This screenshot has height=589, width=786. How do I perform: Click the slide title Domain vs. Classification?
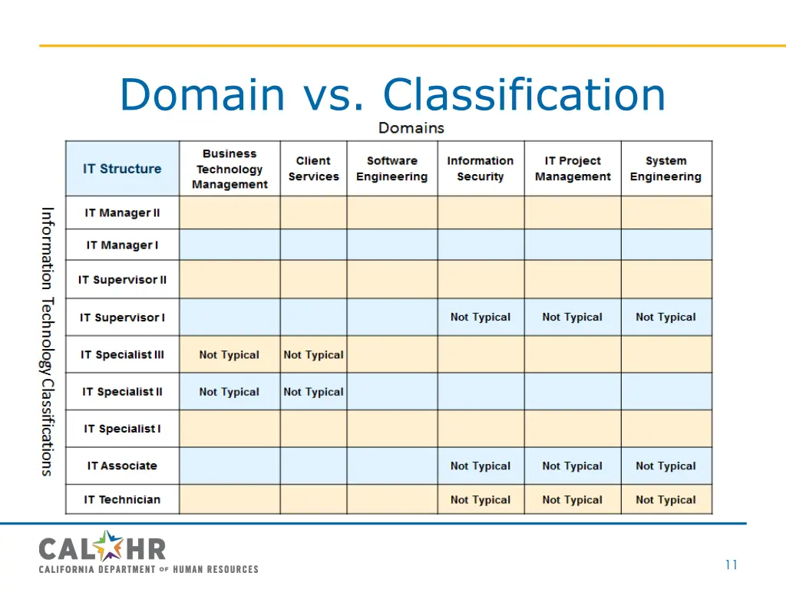[392, 95]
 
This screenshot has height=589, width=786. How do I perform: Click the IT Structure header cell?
[122, 169]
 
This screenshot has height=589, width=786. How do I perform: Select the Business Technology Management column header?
[230, 169]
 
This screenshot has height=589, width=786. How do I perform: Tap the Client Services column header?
[313, 169]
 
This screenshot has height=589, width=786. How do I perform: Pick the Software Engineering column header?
[391, 169]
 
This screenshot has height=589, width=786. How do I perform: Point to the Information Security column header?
[481, 169]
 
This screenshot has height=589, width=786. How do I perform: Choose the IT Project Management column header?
[573, 169]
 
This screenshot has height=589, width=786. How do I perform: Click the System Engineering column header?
[665, 169]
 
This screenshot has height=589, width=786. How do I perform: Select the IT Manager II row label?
[122, 212]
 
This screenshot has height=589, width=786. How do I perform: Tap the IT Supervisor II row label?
[122, 279]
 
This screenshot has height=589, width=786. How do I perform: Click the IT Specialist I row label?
[122, 429]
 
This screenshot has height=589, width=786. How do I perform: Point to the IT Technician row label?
[122, 499]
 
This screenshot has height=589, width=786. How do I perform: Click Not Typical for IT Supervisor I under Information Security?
[481, 317]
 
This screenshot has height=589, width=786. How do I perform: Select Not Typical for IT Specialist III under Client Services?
[313, 354]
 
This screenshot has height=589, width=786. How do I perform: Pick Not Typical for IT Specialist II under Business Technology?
[230, 392]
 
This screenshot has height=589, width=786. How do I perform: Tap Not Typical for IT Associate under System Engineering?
[665, 466]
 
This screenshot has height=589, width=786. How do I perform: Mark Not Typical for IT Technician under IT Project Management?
[573, 499]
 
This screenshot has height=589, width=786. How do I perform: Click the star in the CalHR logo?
[110, 546]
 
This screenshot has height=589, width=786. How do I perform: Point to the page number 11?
[731, 565]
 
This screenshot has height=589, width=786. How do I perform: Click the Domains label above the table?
[411, 127]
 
